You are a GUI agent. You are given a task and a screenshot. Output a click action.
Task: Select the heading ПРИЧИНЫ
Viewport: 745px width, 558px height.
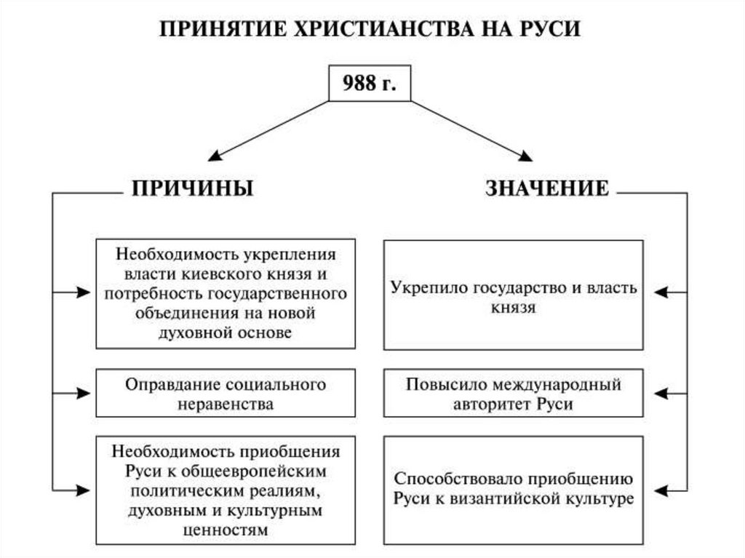tap(192, 188)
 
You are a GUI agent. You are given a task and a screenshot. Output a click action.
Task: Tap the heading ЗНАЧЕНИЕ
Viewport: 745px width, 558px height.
tap(546, 188)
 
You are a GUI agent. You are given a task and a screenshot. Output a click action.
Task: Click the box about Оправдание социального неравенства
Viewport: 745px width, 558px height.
tap(226, 394)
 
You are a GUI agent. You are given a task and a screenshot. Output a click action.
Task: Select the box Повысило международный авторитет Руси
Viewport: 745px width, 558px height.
tap(513, 394)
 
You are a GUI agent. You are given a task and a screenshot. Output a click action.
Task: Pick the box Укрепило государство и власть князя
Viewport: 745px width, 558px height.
tap(513, 295)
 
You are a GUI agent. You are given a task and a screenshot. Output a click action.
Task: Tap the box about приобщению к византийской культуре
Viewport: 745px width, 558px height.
tap(513, 490)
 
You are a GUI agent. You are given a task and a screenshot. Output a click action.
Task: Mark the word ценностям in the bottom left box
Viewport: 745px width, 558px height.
tap(226, 530)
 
